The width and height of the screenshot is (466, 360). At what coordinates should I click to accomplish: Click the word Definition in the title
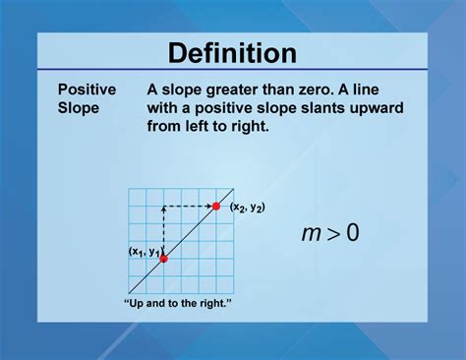coord(232,52)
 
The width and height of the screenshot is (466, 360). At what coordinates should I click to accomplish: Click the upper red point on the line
coord(215,206)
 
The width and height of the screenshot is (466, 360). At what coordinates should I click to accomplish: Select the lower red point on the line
coord(163,259)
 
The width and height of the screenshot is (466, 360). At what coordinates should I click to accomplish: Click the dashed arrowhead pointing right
coord(207,206)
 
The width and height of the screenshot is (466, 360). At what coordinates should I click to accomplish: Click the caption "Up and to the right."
coord(178,302)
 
